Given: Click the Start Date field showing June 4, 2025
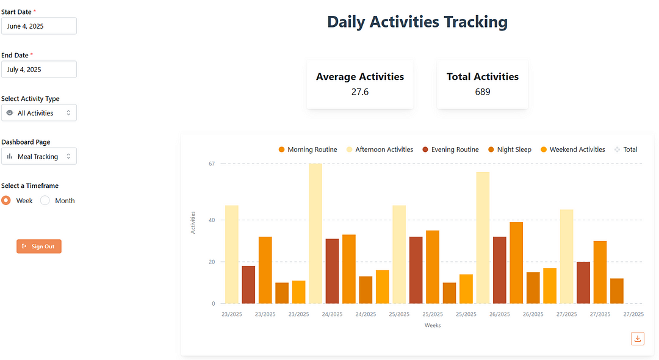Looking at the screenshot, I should tap(38, 26).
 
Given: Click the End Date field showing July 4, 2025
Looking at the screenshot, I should tap(38, 70).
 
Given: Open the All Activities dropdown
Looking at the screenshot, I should tap(38, 113).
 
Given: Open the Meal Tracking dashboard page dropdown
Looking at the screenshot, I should tap(38, 157).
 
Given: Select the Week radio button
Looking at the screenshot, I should tap(6, 201).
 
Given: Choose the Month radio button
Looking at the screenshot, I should tap(45, 201).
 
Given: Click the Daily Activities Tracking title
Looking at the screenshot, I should tap(417, 22).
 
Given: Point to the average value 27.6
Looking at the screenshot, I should tap(360, 92).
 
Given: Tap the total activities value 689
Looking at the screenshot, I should tap(483, 92).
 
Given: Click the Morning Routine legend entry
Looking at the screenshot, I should tap(308, 149).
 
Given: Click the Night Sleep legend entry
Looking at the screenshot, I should tap(509, 149).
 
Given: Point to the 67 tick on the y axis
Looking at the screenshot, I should tap(212, 164).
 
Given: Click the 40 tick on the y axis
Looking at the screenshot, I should tap(212, 220).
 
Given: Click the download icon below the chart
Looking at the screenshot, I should tap(638, 339).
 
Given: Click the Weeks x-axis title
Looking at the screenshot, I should tap(433, 325).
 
